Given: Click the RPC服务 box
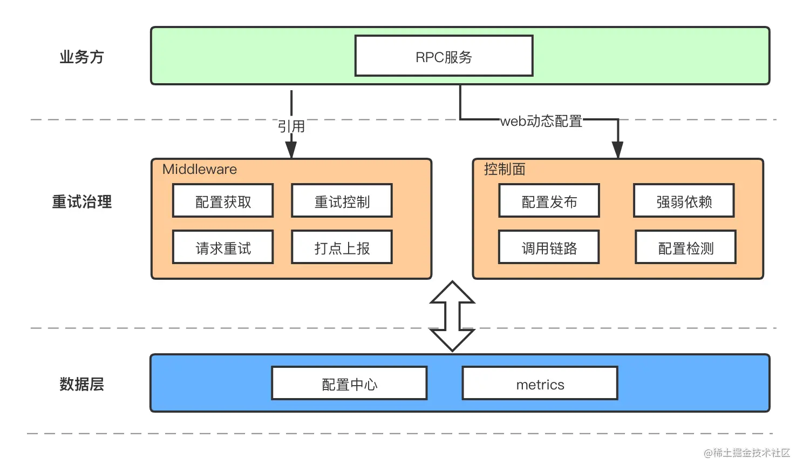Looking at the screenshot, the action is tap(444, 56).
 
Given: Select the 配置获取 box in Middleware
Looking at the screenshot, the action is tap(223, 200).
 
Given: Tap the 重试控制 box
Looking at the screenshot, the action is tap(342, 200).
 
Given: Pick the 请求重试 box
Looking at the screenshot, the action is tap(223, 247).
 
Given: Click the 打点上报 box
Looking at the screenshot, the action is tap(342, 247).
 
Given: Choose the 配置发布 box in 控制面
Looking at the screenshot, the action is tap(549, 200).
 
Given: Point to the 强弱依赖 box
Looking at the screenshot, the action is tap(684, 200).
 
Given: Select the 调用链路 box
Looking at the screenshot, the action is tap(549, 247).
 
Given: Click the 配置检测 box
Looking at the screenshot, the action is tap(686, 247).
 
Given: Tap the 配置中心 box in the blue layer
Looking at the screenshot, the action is tap(350, 383).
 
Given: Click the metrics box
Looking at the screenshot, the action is tap(540, 383).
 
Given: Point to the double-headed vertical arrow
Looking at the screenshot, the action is tap(452, 316).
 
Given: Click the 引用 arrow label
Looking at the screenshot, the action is tap(291, 126).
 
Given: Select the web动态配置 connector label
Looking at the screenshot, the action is tap(541, 121).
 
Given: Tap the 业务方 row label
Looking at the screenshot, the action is tap(81, 57).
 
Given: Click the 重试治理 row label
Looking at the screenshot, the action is tap(81, 201).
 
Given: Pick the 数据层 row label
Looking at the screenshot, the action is tap(81, 384).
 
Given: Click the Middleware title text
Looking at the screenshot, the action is tap(200, 169).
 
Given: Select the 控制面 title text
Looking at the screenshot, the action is tap(505, 169).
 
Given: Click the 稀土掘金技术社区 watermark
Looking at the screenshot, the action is tap(747, 453).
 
